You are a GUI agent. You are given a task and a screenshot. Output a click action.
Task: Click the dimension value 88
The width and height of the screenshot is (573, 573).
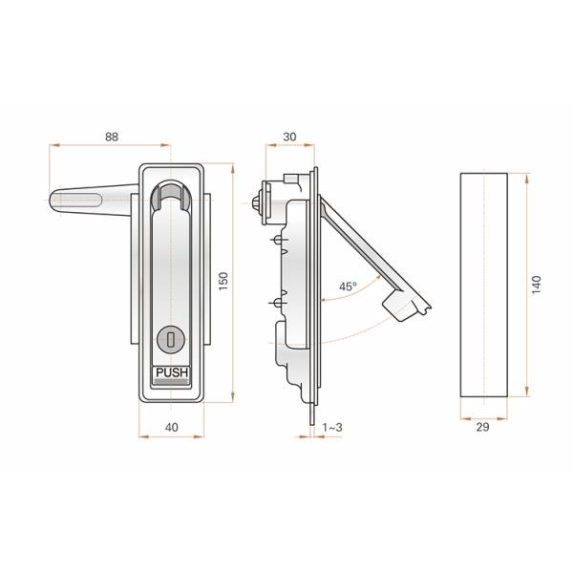pos(112,137)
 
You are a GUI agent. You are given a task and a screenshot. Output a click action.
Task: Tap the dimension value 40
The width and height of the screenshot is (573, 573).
pos(172,429)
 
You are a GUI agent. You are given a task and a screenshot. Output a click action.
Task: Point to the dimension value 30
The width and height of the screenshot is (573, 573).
pos(289,137)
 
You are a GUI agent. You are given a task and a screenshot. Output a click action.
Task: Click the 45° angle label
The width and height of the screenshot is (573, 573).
pos(347,286)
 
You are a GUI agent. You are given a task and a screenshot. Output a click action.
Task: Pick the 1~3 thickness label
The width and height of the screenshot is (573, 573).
pos(334,429)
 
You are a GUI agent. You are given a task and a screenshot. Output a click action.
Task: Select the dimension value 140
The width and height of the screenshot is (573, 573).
pos(537,284)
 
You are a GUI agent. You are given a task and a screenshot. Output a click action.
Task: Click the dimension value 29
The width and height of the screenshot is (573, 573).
pos(482,428)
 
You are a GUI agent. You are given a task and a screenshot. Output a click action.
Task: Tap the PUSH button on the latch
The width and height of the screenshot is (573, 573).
pos(172,373)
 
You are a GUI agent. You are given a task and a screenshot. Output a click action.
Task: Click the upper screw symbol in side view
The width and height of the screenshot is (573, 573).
pos(276,239)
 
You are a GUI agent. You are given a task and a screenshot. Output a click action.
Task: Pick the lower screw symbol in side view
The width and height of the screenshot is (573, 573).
pos(276,305)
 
